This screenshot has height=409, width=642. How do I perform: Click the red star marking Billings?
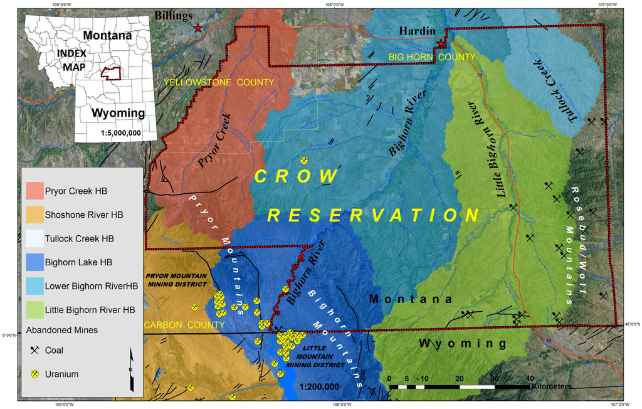(198, 28)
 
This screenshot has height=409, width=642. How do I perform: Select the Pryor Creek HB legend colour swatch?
(34, 190)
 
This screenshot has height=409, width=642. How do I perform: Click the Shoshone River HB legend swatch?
(34, 215)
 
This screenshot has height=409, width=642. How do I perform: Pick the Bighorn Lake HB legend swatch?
(34, 262)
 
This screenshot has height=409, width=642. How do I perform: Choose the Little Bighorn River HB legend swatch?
(34, 309)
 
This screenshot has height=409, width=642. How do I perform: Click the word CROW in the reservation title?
(297, 176)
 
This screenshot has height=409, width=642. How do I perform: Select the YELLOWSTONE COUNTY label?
(219, 83)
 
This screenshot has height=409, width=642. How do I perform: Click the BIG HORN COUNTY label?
(432, 57)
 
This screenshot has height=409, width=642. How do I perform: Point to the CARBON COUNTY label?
(184, 325)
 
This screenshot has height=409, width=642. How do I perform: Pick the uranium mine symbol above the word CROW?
(304, 161)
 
